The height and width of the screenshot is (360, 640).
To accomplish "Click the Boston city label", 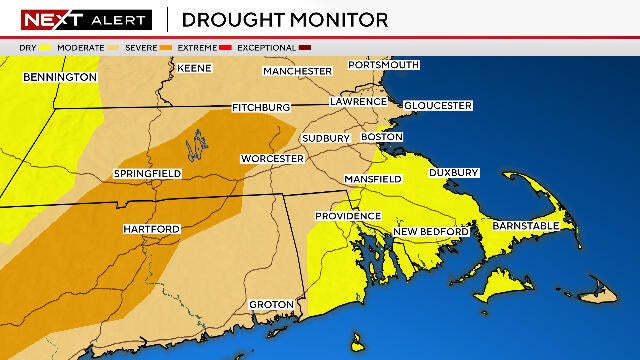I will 382,137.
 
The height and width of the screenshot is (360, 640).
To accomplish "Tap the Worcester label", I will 272,159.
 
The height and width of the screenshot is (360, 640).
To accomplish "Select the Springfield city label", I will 147,174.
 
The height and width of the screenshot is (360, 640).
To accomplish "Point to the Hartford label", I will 151,229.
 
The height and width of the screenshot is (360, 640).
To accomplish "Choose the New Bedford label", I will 430,232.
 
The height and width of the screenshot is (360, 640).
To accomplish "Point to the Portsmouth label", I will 383,65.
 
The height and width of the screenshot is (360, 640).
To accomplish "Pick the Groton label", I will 271,304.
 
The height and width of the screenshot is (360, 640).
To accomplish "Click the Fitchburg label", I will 261,107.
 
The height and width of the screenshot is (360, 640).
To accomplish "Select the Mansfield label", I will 372,179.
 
